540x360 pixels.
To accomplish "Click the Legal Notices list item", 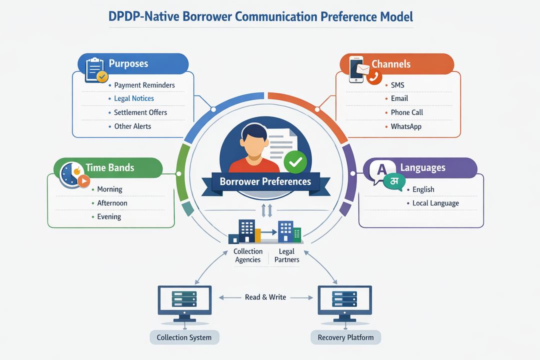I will click(x=133, y=98).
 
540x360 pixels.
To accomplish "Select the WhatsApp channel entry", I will click(x=405, y=126).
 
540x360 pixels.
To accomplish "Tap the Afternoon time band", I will click(x=112, y=203).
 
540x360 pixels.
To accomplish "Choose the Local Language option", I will click(x=435, y=203).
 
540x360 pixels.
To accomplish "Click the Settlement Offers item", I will click(x=140, y=112).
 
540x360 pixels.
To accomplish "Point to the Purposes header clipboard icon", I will click(x=95, y=69).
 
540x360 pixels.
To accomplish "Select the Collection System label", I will click(x=184, y=337).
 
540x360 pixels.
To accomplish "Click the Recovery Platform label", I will click(x=345, y=337).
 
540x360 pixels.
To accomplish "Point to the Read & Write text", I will click(x=265, y=297).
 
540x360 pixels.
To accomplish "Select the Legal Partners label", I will click(x=286, y=255).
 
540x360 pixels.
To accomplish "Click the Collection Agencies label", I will click(x=248, y=255).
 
